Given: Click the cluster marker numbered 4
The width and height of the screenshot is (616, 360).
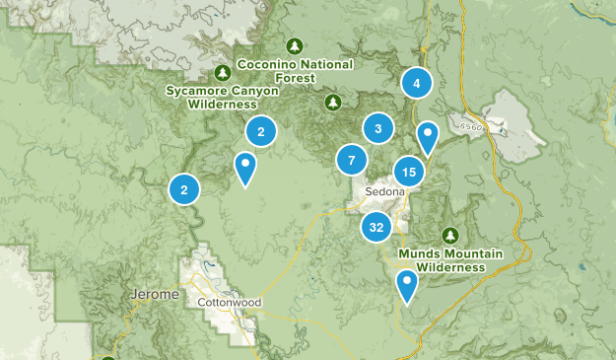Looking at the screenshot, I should [x=417, y=84].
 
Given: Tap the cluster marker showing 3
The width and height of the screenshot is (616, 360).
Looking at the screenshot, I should [x=377, y=128].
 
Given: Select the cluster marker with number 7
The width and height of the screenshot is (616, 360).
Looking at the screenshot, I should [x=351, y=160].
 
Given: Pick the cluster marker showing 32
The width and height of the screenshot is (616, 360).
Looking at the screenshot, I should [x=376, y=227].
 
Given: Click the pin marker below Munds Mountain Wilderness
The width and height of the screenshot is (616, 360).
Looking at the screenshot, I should [x=406, y=285].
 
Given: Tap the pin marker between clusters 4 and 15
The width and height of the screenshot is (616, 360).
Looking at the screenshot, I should [x=427, y=135].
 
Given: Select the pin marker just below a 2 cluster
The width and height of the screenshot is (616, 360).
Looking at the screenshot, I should [x=245, y=167].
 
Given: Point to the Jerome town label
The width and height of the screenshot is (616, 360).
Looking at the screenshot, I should [x=154, y=295].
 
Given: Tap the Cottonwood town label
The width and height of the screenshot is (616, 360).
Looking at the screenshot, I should [x=228, y=302].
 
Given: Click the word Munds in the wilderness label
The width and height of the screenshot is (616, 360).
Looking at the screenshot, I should [x=418, y=254].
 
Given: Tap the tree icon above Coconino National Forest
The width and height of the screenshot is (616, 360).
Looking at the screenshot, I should [x=294, y=45].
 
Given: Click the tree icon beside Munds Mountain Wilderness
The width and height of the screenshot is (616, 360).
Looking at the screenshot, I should [x=450, y=235].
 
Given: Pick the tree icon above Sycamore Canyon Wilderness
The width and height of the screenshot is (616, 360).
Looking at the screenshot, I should [x=224, y=73].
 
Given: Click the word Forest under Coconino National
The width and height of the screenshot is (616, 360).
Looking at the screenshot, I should [x=295, y=78].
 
